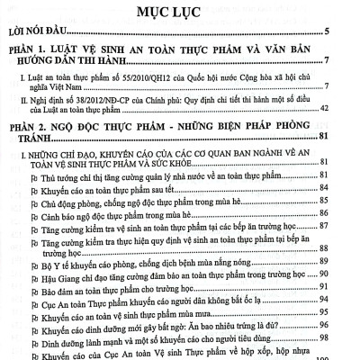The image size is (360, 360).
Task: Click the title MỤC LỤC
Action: coord(180,15)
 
